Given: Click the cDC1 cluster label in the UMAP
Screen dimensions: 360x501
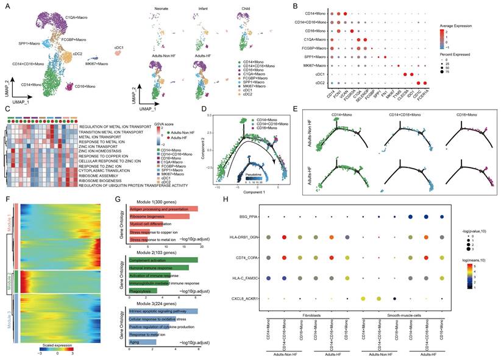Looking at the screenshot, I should tap(120, 47).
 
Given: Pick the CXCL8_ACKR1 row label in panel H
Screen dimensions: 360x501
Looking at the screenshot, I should tap(241, 298).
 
